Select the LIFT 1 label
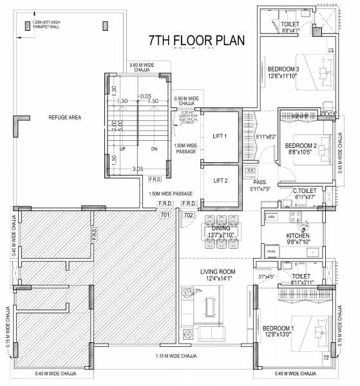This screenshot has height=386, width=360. pyautogui.click(x=220, y=136)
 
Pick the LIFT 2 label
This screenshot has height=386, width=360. pyautogui.click(x=220, y=181)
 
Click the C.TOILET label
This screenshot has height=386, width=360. pyautogui.click(x=303, y=191)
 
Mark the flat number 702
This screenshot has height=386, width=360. pyautogui.click(x=189, y=215)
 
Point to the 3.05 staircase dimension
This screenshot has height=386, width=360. pyautogui.click(x=137, y=169)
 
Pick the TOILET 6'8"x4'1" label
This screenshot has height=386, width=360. pyautogui.click(x=290, y=26)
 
